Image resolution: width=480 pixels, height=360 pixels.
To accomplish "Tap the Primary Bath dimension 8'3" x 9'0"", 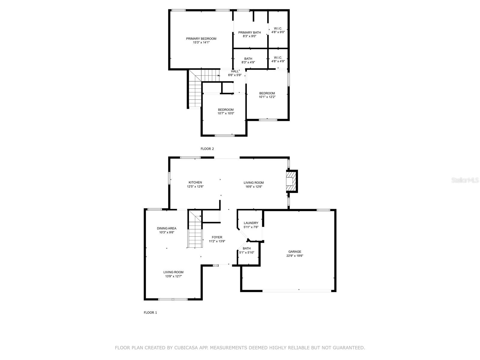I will coord(250,36).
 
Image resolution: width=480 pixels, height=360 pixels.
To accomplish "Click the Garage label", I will coord(295,252).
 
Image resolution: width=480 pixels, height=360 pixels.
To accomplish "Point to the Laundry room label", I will coord(251,223).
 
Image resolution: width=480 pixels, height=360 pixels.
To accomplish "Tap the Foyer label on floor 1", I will coord(217,237).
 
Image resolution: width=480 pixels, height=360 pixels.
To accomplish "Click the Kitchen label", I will coord(195,182).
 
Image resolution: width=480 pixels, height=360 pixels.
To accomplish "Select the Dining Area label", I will coord(166,228).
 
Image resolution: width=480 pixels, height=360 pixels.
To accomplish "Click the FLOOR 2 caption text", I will coord(207,149).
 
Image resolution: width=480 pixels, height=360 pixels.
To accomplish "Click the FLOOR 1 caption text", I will coord(150,313).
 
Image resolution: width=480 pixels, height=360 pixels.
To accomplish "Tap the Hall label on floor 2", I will coord(235,71).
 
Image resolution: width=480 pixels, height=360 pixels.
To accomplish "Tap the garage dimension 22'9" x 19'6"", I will coord(295,256).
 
